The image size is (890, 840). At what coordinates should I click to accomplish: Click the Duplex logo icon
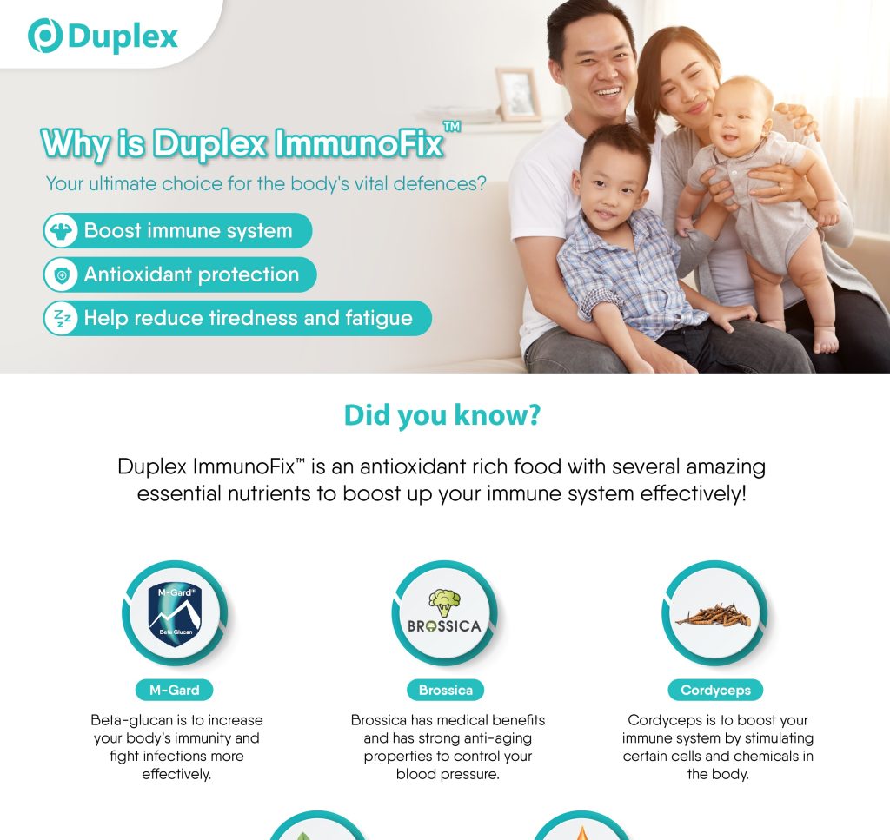45,36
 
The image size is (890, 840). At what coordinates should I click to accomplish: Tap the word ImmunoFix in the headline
359,143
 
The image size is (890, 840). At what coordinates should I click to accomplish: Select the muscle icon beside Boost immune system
62,231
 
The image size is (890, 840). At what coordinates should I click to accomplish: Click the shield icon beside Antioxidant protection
62,275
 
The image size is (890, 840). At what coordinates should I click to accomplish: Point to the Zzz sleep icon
62,319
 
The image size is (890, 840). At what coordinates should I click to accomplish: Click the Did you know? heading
442,415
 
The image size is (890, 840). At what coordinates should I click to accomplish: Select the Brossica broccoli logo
444,612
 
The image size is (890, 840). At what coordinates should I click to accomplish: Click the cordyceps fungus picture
714,615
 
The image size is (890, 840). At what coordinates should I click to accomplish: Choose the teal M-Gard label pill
174,691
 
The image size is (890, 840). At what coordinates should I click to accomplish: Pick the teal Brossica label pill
446,691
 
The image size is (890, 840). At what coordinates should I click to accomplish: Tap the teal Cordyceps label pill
715,691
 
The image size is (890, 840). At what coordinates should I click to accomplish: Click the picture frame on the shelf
518,94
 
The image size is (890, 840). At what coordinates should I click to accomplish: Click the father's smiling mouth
607,91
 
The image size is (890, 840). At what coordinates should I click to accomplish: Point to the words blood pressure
448,774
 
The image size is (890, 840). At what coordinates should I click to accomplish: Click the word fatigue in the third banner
379,319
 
